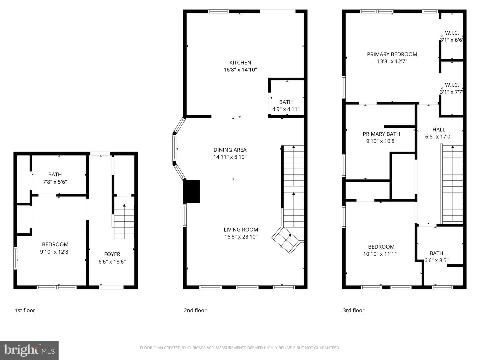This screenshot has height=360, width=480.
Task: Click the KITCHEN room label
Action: (240, 63)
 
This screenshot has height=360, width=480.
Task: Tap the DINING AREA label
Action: (230, 150)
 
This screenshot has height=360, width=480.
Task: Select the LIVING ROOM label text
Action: (241, 230)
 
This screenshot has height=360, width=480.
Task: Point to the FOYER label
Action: (112, 254)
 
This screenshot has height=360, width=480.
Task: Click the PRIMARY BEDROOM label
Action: (392, 54)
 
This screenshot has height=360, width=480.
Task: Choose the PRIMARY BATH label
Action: (381, 134)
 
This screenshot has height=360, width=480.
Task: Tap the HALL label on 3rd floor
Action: (439, 130)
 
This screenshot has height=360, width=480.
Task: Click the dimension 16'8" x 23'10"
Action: (241, 237)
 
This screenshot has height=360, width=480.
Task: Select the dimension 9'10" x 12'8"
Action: (55, 252)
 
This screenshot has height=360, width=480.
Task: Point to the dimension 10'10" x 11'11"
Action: (381, 254)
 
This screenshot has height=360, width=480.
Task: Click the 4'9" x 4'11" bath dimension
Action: (286, 109)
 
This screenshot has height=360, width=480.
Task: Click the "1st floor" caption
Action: (25, 310)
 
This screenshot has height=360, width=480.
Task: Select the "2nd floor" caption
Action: (195, 310)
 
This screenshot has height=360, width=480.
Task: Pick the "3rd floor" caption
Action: (353, 310)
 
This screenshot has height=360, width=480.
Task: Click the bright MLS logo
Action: (29, 350)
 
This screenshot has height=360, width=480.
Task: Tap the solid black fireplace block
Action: (191, 191)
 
